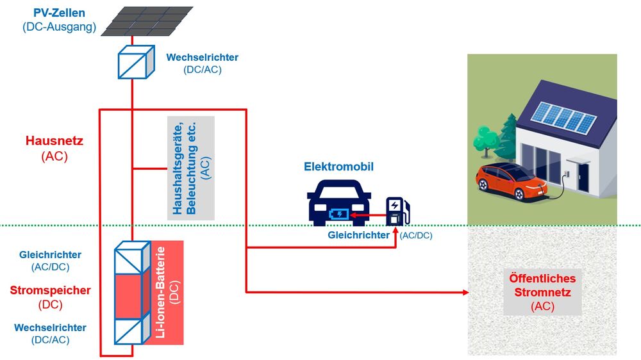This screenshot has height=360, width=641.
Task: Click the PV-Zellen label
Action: (x=58, y=13)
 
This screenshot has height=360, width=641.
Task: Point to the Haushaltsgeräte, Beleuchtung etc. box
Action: (x=190, y=168)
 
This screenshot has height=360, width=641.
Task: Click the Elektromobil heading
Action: (x=338, y=167)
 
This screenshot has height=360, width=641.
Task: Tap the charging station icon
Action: (x=396, y=211)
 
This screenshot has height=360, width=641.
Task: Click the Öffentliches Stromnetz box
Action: (x=542, y=292)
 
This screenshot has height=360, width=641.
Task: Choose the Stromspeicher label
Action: (x=51, y=290)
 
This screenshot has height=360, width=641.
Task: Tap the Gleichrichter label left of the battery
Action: (x=51, y=255)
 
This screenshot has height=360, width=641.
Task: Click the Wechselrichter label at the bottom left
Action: (x=50, y=327)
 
